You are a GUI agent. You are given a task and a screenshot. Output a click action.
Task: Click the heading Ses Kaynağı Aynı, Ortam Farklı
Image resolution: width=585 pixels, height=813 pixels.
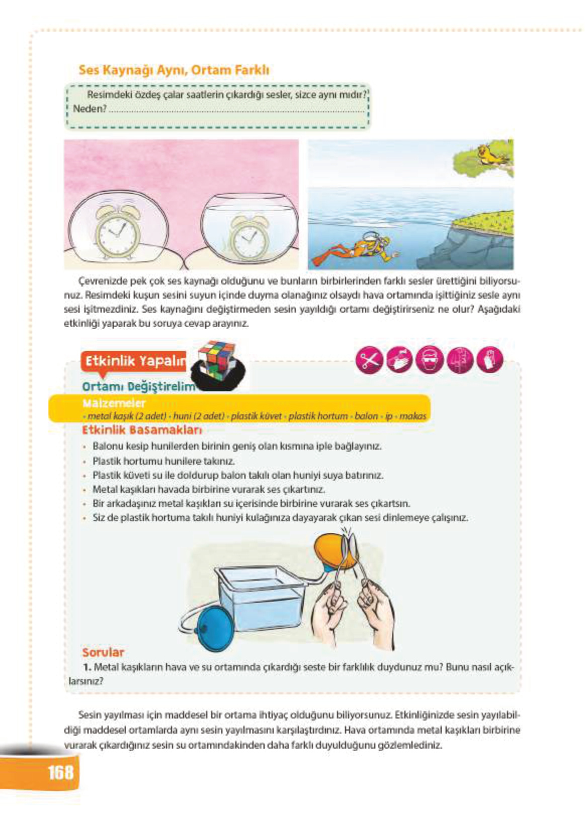point(174,70)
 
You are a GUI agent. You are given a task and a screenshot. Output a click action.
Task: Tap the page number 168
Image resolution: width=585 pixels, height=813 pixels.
point(60,772)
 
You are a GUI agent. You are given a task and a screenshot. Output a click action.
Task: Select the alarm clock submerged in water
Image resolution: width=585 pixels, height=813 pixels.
point(249,236)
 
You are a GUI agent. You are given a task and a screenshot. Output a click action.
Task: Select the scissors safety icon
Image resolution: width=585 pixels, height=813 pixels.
point(369,361)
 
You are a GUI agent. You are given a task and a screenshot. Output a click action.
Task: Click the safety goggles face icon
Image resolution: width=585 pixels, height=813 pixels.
point(429,361)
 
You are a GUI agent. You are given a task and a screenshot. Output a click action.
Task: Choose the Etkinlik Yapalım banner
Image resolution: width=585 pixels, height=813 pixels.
point(134,361)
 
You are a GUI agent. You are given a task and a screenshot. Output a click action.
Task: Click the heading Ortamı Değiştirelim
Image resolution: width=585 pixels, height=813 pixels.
point(138,386)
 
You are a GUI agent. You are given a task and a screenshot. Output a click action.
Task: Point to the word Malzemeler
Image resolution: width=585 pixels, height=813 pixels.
point(114,403)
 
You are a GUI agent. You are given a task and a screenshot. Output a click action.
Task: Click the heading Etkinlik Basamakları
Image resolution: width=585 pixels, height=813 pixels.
point(141,430)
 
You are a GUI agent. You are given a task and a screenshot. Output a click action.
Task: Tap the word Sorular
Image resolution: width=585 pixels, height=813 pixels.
point(103,652)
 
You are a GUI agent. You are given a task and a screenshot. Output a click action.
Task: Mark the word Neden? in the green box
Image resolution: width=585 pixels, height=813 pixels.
point(90,109)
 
